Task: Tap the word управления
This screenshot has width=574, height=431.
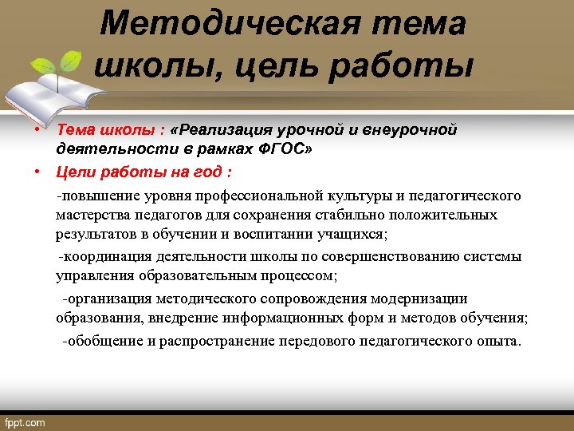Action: pos(91,276)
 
